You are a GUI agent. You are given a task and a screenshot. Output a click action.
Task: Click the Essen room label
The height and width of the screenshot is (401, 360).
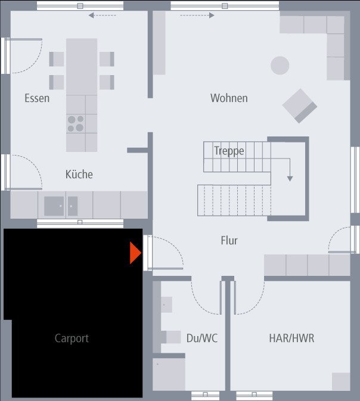pos(37,98)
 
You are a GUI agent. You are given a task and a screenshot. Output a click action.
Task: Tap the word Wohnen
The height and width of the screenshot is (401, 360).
pos(229,98)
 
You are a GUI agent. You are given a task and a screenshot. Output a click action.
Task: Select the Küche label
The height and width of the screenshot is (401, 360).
pos(79,174)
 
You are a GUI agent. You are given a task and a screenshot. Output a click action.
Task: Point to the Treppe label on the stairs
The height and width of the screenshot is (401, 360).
pos(229,151)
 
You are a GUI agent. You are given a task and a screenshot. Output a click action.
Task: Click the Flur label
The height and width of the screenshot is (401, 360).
pos(229,240)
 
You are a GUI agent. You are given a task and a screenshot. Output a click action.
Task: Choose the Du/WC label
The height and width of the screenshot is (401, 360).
pos(202,338)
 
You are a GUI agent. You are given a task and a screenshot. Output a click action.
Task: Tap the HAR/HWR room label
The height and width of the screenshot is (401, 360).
pos(291,338)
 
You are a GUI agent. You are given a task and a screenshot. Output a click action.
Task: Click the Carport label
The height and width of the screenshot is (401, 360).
pos(72,338)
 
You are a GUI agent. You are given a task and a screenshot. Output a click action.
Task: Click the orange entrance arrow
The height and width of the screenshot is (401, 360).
pos(135,253)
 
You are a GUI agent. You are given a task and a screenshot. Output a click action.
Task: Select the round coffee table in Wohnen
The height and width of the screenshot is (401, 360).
pos(280,66)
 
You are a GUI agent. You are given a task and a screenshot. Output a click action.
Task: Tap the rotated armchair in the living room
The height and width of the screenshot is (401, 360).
pos(300,106)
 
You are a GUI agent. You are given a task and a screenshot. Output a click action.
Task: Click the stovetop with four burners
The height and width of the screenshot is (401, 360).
pos(76,124)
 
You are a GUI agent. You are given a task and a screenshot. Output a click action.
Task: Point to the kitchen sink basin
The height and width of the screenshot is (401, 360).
pos(54,206)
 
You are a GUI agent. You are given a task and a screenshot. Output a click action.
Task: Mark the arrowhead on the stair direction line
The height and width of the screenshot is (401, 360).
pos(290,179)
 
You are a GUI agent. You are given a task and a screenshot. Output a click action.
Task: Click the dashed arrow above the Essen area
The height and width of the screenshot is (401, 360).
pos(102,15)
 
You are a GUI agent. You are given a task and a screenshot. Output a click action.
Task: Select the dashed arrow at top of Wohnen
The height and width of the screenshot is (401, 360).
pos(197,15)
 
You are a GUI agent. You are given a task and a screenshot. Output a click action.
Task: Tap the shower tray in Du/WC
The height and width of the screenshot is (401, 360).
pos(169,374)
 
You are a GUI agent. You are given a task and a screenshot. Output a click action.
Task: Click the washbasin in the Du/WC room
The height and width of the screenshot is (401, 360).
pos(166,304)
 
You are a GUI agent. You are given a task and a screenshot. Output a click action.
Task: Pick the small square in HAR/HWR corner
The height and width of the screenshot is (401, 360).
pos(341,381)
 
